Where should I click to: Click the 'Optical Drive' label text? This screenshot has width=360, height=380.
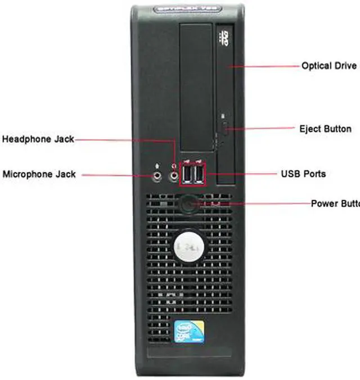(329, 66)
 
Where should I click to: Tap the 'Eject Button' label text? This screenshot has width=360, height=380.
(325, 129)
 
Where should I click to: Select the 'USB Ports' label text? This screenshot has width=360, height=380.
(303, 174)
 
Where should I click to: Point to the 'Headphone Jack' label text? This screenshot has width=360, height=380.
(38, 139)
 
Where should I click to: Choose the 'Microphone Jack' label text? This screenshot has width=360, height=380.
(39, 174)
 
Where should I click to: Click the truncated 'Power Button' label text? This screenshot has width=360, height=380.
(334, 203)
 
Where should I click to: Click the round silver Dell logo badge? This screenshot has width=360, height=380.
(188, 245)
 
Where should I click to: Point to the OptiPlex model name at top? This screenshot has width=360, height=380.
(187, 11)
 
